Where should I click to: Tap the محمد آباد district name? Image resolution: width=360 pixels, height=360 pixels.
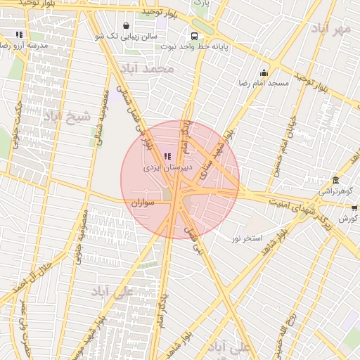click(x=146, y=69)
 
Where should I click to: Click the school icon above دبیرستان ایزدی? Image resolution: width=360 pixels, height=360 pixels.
click(x=167, y=156)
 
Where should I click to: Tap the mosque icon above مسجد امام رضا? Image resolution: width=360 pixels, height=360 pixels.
click(x=264, y=72)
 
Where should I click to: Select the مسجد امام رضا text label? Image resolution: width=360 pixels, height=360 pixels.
click(x=264, y=83)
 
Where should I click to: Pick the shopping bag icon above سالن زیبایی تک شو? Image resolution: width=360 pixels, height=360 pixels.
click(x=126, y=25)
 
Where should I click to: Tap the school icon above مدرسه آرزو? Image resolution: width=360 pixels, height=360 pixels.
click(x=19, y=34)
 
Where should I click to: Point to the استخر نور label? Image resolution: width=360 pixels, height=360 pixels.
click(x=247, y=238)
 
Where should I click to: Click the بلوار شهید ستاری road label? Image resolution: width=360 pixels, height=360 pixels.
click(x=217, y=153)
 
